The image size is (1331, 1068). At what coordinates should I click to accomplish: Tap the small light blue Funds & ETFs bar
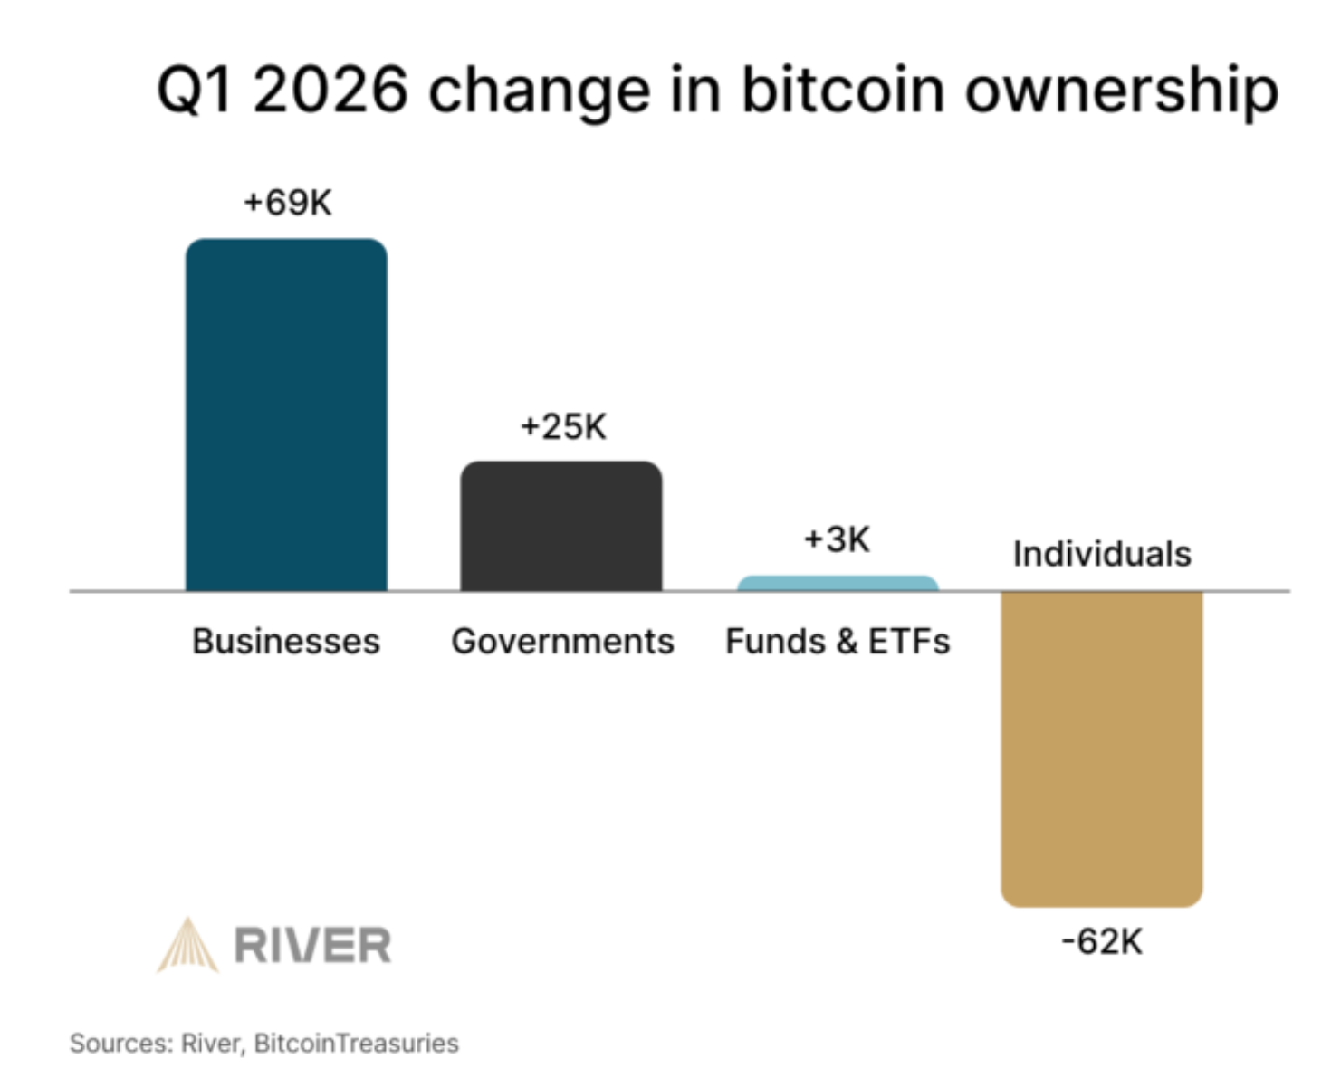click(x=838, y=583)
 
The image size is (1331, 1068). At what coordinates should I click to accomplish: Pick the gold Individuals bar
click(x=1101, y=748)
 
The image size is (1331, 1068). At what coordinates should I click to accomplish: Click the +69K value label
click(x=288, y=202)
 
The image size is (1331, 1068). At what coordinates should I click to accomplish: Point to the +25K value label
click(x=563, y=426)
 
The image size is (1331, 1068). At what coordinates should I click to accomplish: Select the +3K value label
click(x=837, y=539)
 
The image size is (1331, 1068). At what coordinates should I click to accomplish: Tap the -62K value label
click(x=1102, y=942)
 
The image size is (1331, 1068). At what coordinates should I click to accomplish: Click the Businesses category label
click(x=286, y=642)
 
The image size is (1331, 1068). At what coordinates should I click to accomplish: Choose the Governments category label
click(x=562, y=642)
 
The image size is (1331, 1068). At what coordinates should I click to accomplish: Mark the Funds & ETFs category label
click(x=838, y=642)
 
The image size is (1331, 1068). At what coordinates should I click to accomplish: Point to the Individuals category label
click(x=1102, y=554)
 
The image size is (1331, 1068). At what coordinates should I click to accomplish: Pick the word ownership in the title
click(x=1121, y=92)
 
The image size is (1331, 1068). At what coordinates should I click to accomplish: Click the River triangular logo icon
click(x=188, y=945)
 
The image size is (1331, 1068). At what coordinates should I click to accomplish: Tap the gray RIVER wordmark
click(x=312, y=946)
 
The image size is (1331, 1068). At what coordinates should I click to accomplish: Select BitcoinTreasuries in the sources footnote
click(x=356, y=1044)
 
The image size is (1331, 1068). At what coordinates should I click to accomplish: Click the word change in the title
click(x=539, y=92)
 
